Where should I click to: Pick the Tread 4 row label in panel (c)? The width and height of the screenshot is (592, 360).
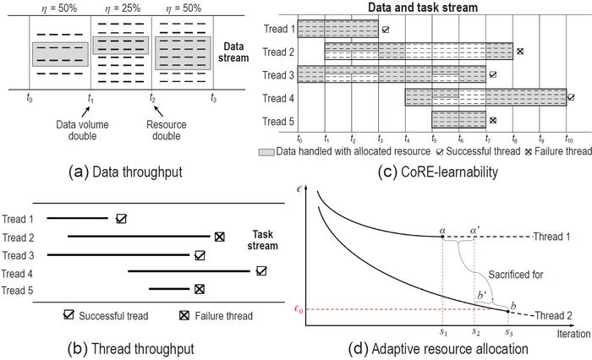[x=278, y=97]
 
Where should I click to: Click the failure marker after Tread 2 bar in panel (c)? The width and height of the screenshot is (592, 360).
[x=521, y=52]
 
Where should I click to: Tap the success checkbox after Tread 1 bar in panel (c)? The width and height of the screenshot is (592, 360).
[x=386, y=29]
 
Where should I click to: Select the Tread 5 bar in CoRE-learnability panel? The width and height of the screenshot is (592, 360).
[x=459, y=119]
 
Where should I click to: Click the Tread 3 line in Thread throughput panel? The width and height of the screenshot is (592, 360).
[x=118, y=254]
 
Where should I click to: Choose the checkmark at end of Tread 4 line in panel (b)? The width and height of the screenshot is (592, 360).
[x=261, y=270]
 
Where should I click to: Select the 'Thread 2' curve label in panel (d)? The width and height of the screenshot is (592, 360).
[x=556, y=314]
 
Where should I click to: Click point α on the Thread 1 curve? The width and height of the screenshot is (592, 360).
[x=443, y=237]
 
